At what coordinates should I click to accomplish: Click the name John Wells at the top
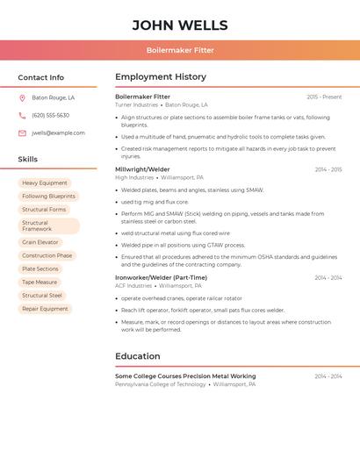[x=180, y=25]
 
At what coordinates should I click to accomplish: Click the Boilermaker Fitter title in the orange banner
[x=180, y=51]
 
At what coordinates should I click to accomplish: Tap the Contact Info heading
[x=41, y=77]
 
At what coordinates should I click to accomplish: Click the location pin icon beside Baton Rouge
[x=22, y=98]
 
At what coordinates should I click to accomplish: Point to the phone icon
[x=22, y=116]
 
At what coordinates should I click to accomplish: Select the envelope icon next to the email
[x=22, y=133]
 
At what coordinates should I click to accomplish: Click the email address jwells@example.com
[x=59, y=133]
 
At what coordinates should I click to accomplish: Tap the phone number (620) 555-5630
[x=51, y=116]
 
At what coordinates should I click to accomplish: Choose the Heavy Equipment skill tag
[x=45, y=183]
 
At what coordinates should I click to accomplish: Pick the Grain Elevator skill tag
[x=40, y=242]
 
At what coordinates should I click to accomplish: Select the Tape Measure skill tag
[x=40, y=283]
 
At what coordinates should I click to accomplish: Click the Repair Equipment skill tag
[x=45, y=309]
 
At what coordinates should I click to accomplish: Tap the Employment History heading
[x=161, y=77]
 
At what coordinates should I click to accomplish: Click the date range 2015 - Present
[x=324, y=97]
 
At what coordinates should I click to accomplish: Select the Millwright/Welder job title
[x=143, y=169]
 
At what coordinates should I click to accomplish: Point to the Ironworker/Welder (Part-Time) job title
[x=162, y=278]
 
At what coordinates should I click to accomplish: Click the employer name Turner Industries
[x=137, y=105]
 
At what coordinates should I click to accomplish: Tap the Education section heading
[x=138, y=356]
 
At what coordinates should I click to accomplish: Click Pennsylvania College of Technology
[x=161, y=384]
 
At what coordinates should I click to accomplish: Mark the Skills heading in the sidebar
[x=28, y=160]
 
